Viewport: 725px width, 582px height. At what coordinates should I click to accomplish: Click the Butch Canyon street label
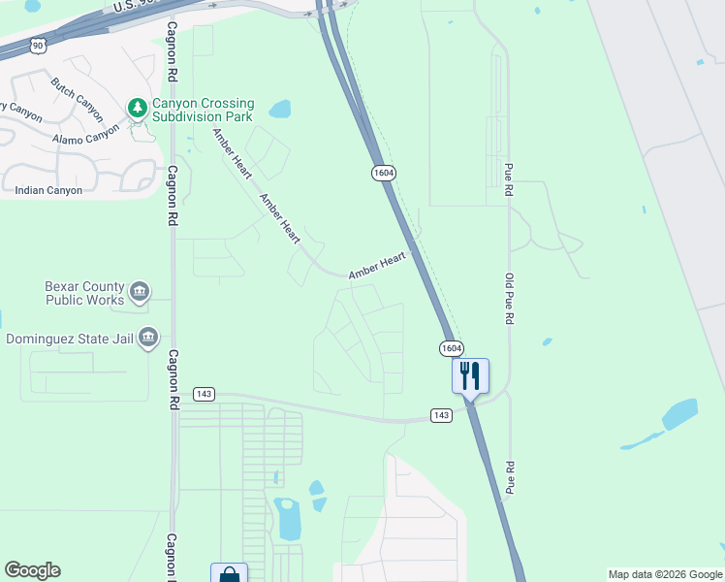[x=77, y=93]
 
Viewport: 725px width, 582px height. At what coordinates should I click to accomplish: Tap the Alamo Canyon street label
[x=87, y=138]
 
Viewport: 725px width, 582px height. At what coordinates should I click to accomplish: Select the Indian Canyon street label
[x=48, y=190]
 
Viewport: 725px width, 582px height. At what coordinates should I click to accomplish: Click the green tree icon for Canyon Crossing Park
[x=138, y=108]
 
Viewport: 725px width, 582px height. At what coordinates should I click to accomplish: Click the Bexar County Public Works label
[x=85, y=293]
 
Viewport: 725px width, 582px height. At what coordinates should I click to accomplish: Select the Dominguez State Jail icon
[x=148, y=338]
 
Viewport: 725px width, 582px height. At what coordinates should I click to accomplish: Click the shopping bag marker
[x=229, y=573]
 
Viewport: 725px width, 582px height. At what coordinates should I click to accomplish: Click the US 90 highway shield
[x=37, y=45]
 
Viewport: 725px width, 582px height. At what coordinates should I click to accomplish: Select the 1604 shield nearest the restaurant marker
[x=451, y=348]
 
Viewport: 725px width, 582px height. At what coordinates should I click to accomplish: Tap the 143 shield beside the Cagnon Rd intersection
[x=203, y=395]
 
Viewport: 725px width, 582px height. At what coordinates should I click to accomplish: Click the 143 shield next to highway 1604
[x=441, y=415]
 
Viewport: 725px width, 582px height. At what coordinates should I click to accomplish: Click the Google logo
[x=32, y=570]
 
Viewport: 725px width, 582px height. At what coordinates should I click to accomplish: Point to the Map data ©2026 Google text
[x=665, y=574]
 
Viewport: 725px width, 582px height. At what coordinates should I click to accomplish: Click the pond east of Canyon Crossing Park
[x=279, y=108]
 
